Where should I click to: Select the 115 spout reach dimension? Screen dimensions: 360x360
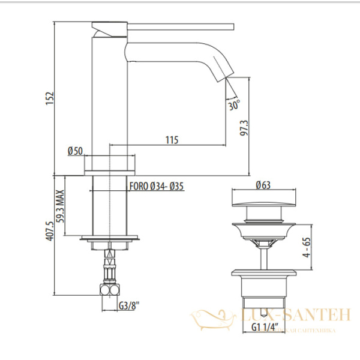171,140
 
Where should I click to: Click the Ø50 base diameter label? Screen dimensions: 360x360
75,151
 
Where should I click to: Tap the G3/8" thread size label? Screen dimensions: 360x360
128,305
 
